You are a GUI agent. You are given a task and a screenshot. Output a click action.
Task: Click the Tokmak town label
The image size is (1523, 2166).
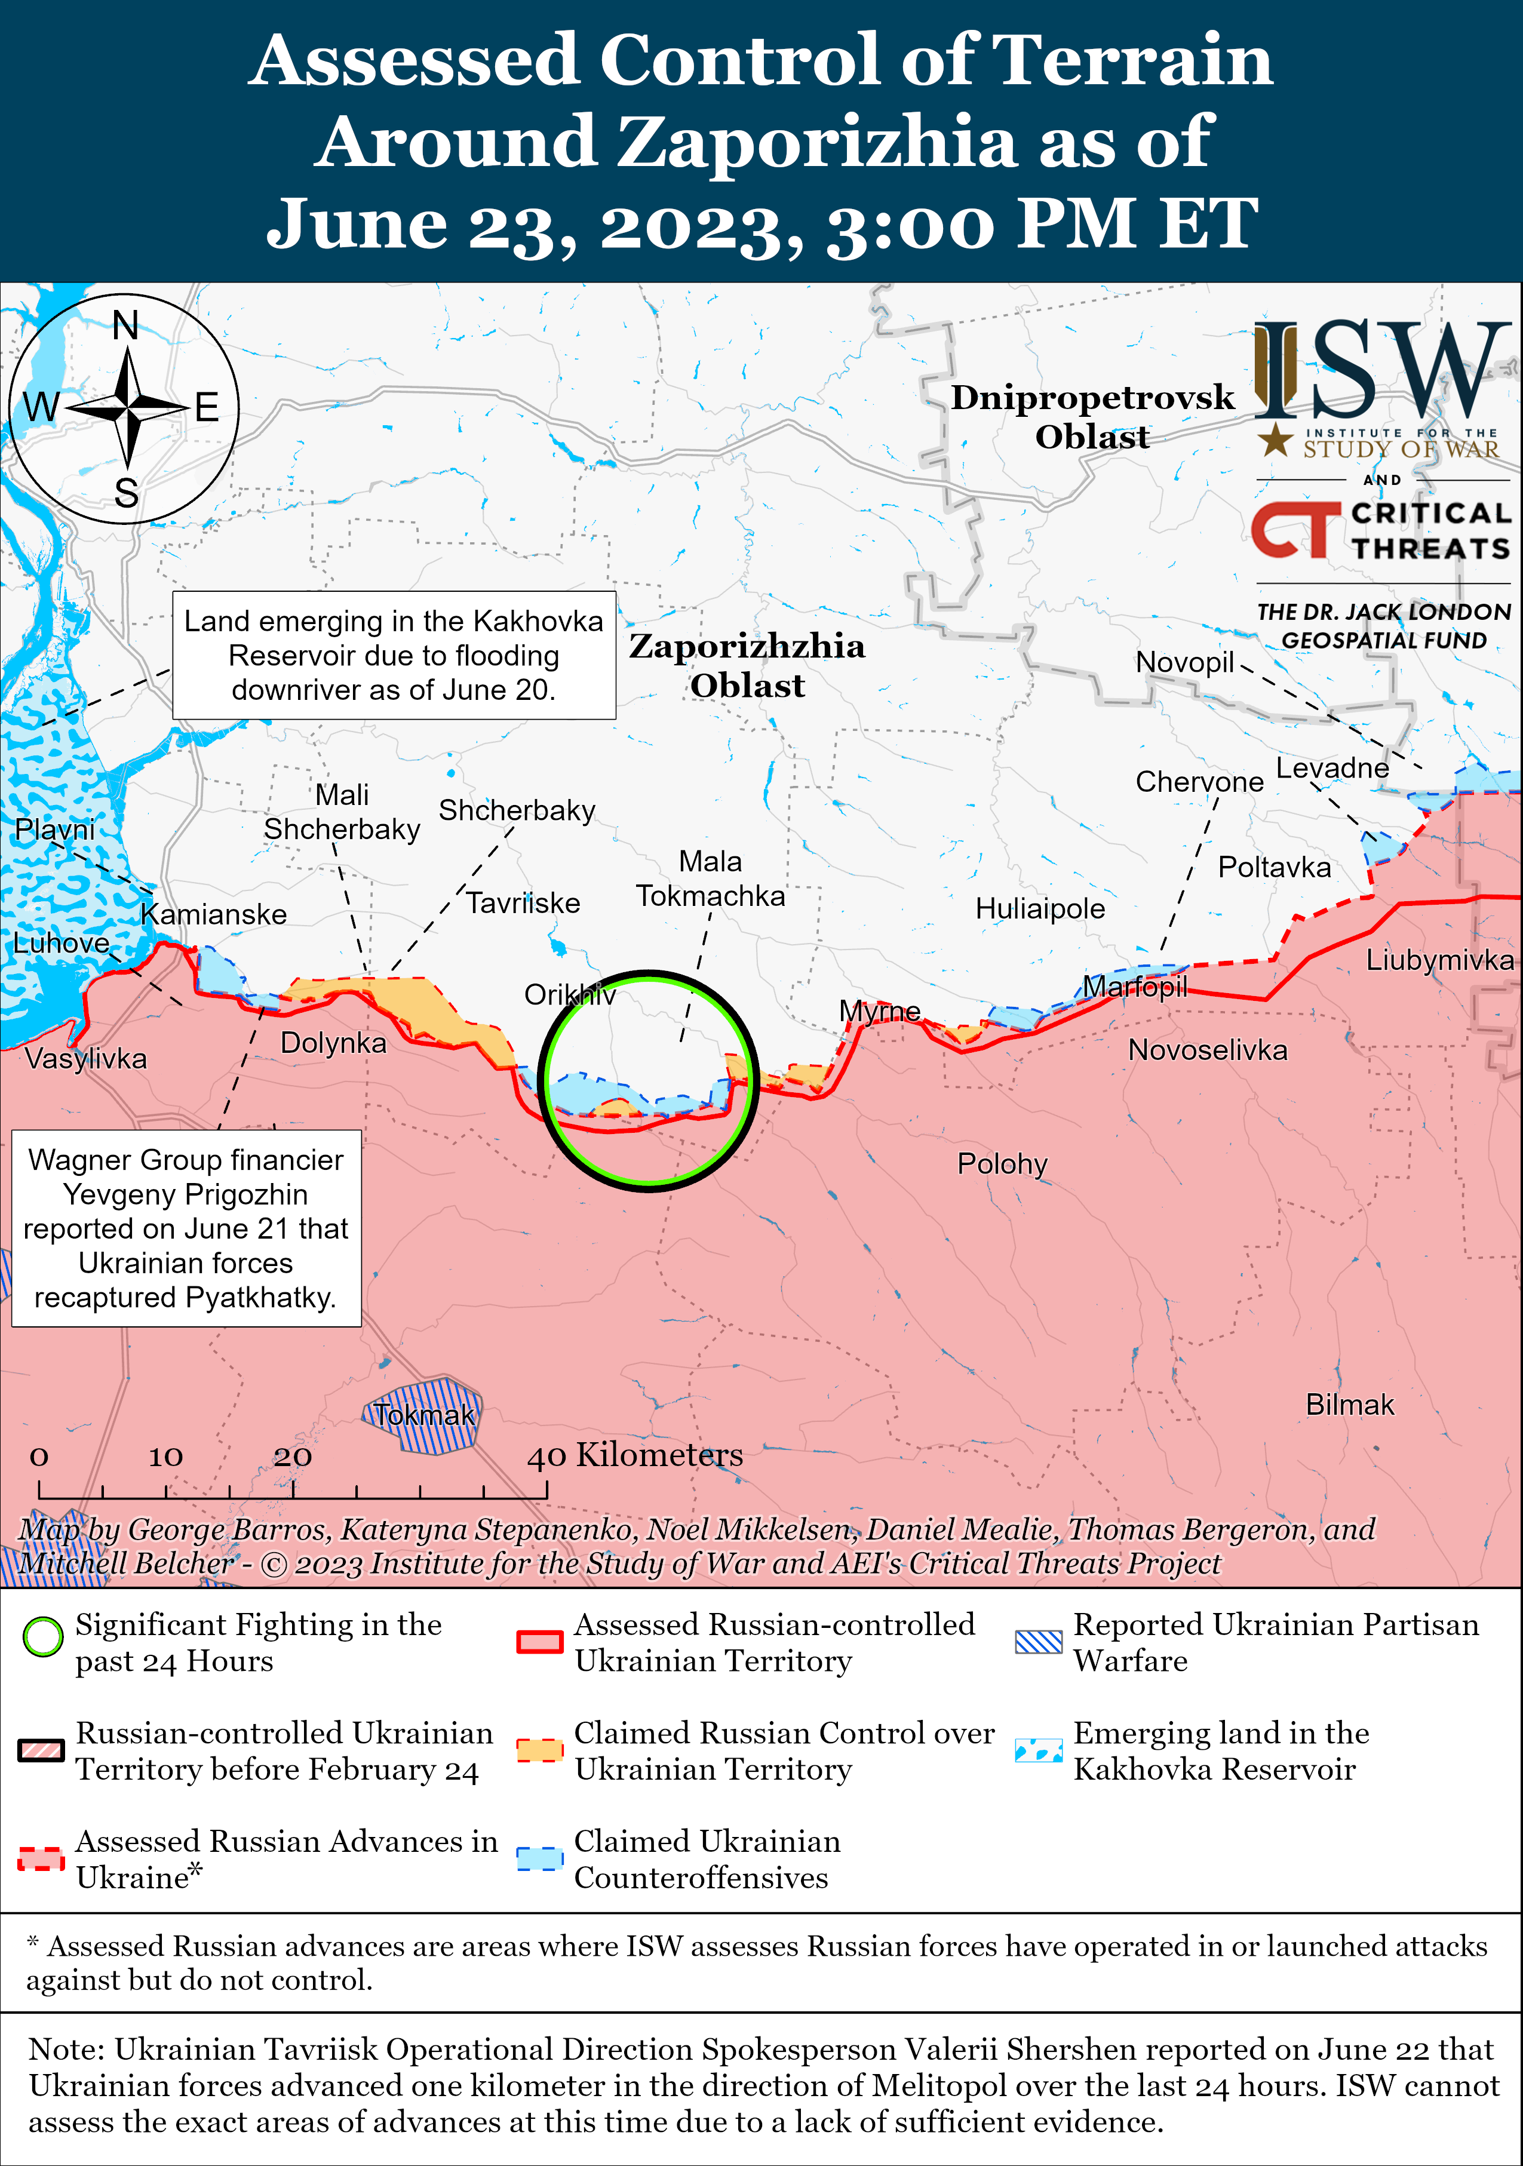(x=423, y=1415)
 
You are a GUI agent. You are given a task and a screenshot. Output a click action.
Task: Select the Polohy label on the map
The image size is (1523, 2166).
(x=1002, y=1164)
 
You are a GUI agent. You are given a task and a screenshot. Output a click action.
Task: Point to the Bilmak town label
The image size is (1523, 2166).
(x=1349, y=1405)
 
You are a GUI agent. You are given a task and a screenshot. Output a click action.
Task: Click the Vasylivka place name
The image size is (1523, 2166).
(x=86, y=1058)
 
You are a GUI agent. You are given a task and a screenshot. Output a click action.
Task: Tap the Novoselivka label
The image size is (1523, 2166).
(x=1208, y=1050)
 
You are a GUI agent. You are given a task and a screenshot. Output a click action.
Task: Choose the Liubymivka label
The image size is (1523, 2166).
(x=1440, y=960)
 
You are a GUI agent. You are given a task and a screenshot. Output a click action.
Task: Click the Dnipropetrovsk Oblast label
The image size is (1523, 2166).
(x=1092, y=417)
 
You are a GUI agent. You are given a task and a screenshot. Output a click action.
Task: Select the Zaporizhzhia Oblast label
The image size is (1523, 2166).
(x=747, y=665)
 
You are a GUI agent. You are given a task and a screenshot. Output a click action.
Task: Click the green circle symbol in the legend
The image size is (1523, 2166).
(x=42, y=1637)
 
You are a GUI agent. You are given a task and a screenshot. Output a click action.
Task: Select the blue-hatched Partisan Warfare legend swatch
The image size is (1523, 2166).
(x=1038, y=1642)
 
